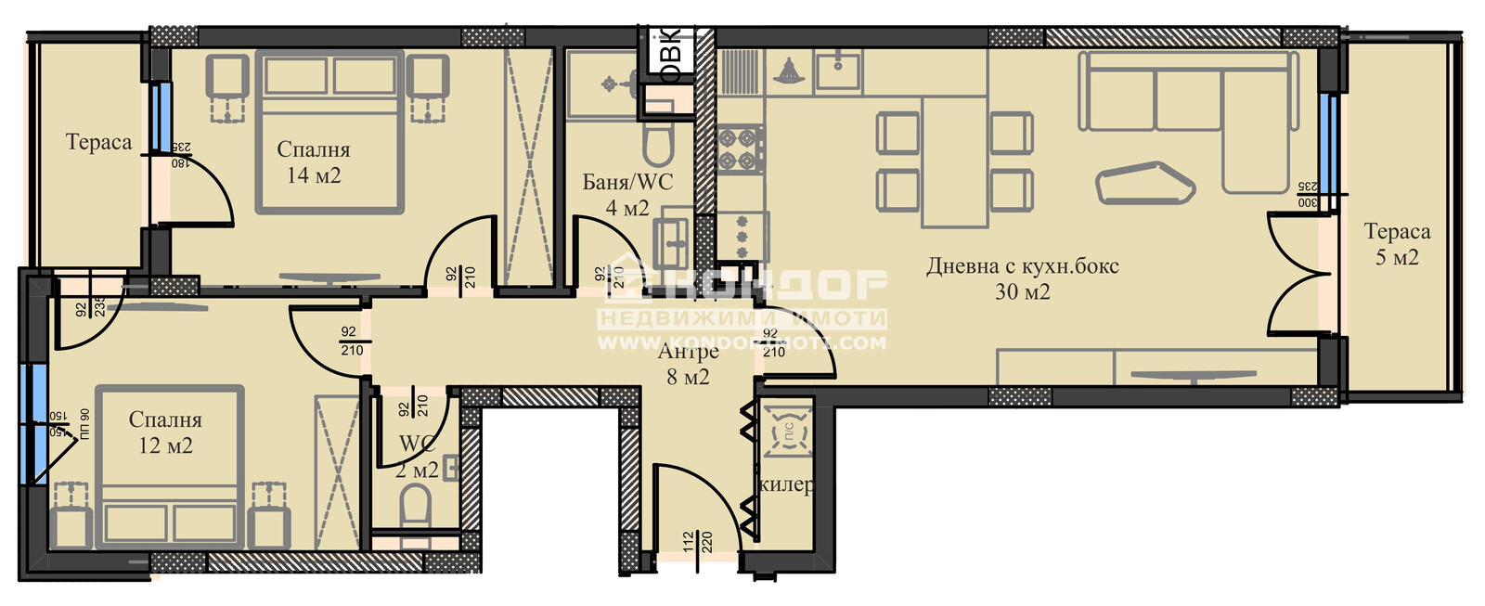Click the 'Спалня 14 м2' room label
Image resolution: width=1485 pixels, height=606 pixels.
coord(313,162)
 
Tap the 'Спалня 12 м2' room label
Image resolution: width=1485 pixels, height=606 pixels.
coord(165,432)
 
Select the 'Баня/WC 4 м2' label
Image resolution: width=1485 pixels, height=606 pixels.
coord(627,195)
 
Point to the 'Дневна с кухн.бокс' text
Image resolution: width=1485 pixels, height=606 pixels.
coord(1023,266)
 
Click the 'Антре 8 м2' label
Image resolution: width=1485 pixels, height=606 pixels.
coord(688,364)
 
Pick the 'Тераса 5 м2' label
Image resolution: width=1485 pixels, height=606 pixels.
coord(1397,244)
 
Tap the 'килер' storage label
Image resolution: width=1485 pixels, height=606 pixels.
coord(786,485)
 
